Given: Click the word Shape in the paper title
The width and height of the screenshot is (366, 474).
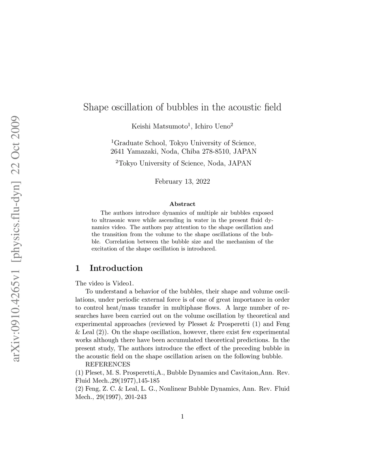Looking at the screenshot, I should [x=95, y=107].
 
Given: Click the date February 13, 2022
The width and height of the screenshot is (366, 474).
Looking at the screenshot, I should [x=182, y=182].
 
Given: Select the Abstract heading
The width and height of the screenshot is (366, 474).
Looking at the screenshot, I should [x=182, y=204].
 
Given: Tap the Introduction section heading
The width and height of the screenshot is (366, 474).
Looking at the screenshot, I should [x=116, y=268].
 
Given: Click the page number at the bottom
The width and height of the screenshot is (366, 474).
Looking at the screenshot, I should [x=182, y=416].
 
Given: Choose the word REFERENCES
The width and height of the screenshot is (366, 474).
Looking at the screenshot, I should [x=108, y=364].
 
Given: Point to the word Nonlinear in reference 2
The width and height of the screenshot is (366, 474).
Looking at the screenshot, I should [x=162, y=389].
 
